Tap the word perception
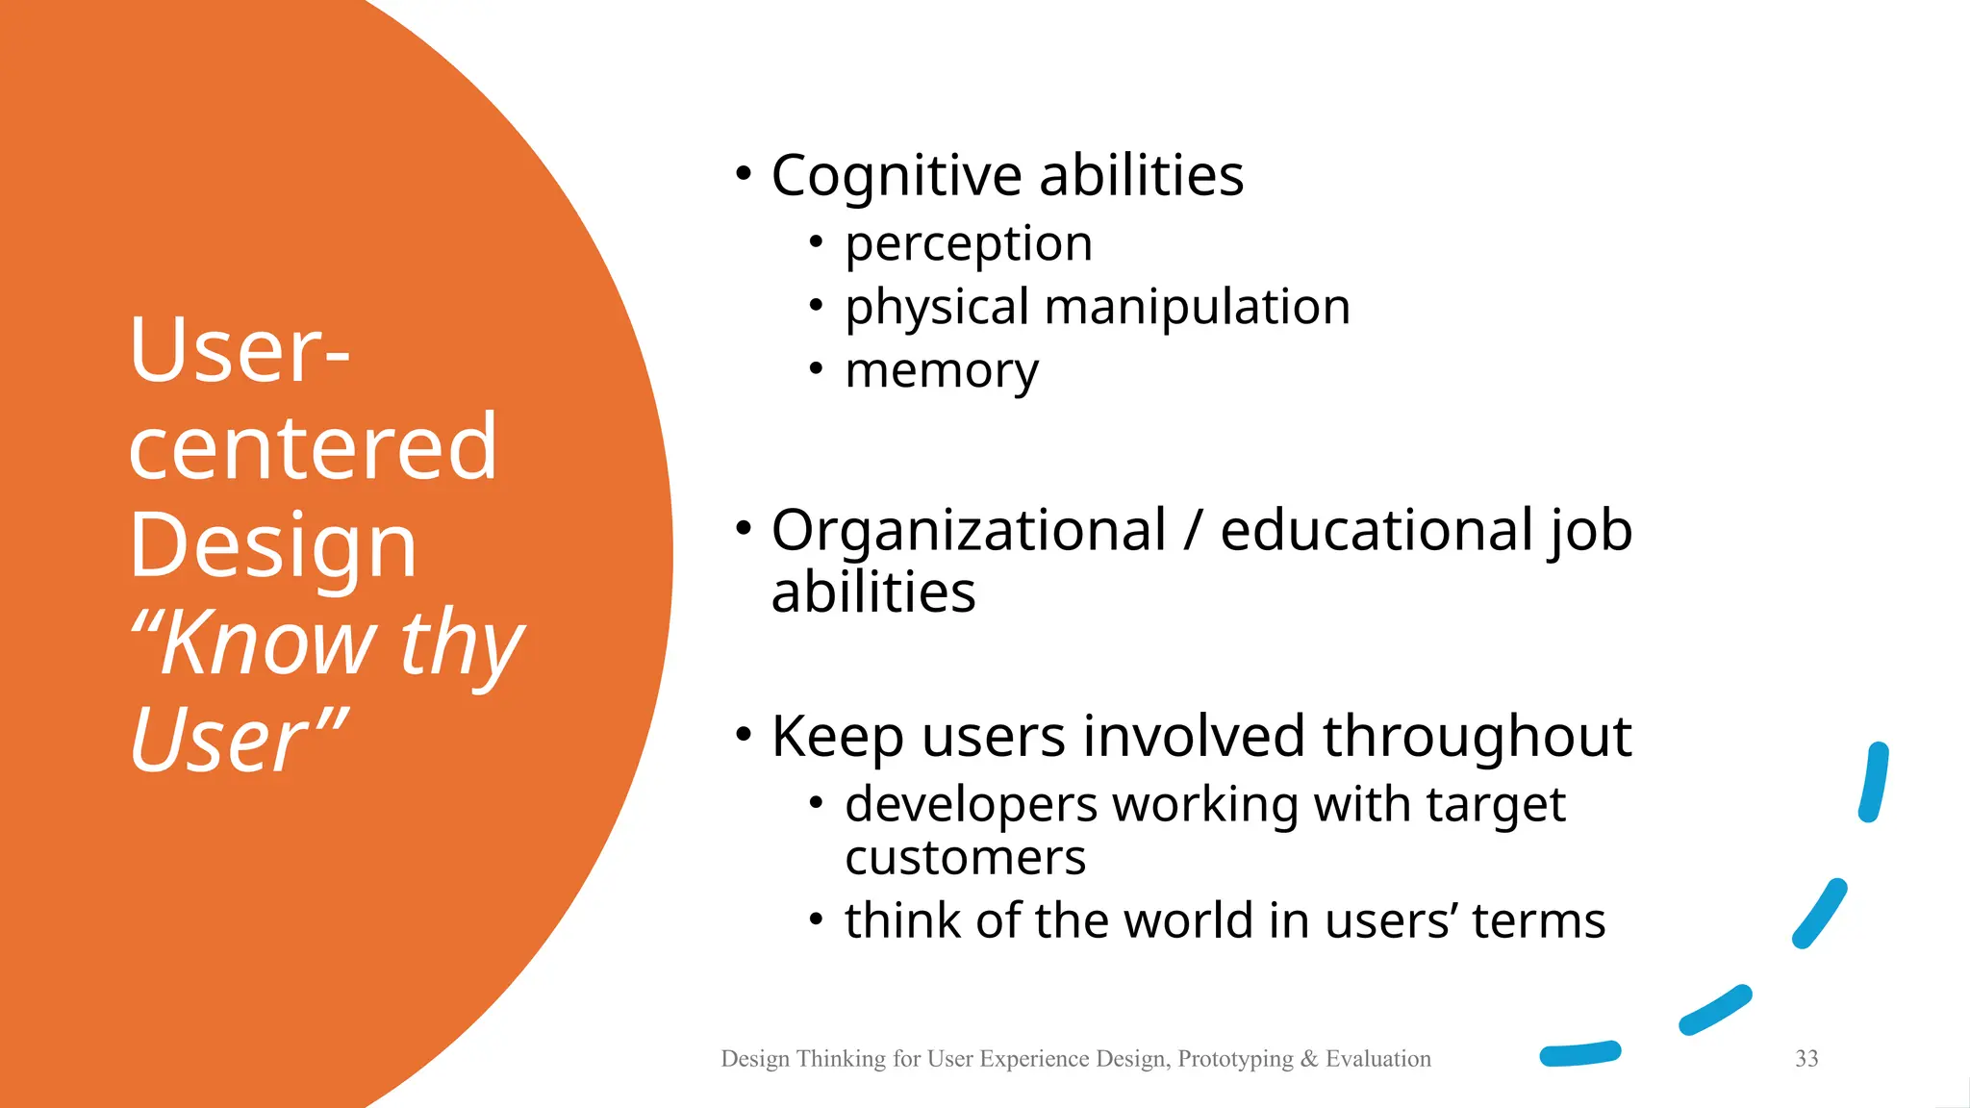969,244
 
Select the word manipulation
1197,308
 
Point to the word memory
942,371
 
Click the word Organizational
969,531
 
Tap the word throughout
1477,738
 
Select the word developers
971,806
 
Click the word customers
965,858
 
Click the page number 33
1806,1059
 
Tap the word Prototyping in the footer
1235,1059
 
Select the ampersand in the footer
1308,1059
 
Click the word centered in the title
313,447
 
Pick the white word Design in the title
273,545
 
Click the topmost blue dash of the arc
1873,782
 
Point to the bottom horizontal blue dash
1579,1054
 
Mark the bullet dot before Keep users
743,735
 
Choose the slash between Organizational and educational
1193,531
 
